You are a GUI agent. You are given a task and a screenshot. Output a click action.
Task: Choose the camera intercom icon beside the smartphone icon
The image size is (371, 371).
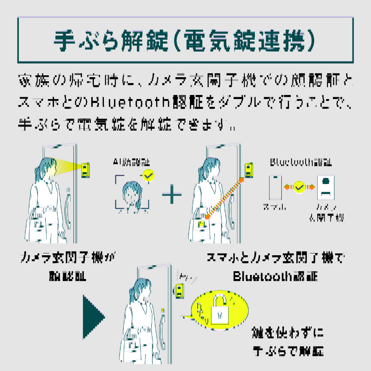tap(326, 187)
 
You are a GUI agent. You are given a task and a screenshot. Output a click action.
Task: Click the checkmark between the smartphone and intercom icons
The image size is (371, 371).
tap(299, 187)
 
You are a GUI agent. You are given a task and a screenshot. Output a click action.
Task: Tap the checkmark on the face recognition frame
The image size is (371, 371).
tap(148, 175)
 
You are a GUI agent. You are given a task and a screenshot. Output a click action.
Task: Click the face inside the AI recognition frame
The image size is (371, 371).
tap(132, 194)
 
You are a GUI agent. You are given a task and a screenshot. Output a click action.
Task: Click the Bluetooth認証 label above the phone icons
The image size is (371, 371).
tap(301, 162)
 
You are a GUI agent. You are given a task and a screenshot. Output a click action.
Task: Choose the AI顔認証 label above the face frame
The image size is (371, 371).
tap(132, 162)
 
